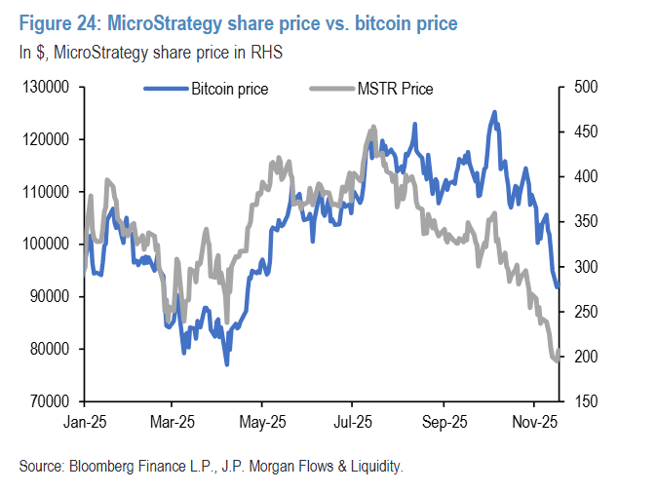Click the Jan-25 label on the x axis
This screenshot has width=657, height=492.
click(x=84, y=425)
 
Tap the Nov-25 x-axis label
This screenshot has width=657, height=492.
click(x=533, y=425)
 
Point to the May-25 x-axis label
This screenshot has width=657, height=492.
click(x=262, y=425)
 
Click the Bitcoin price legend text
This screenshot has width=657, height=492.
click(x=231, y=90)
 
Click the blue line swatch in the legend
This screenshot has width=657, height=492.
click(x=166, y=90)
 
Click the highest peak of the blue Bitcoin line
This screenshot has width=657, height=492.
click(x=494, y=112)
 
